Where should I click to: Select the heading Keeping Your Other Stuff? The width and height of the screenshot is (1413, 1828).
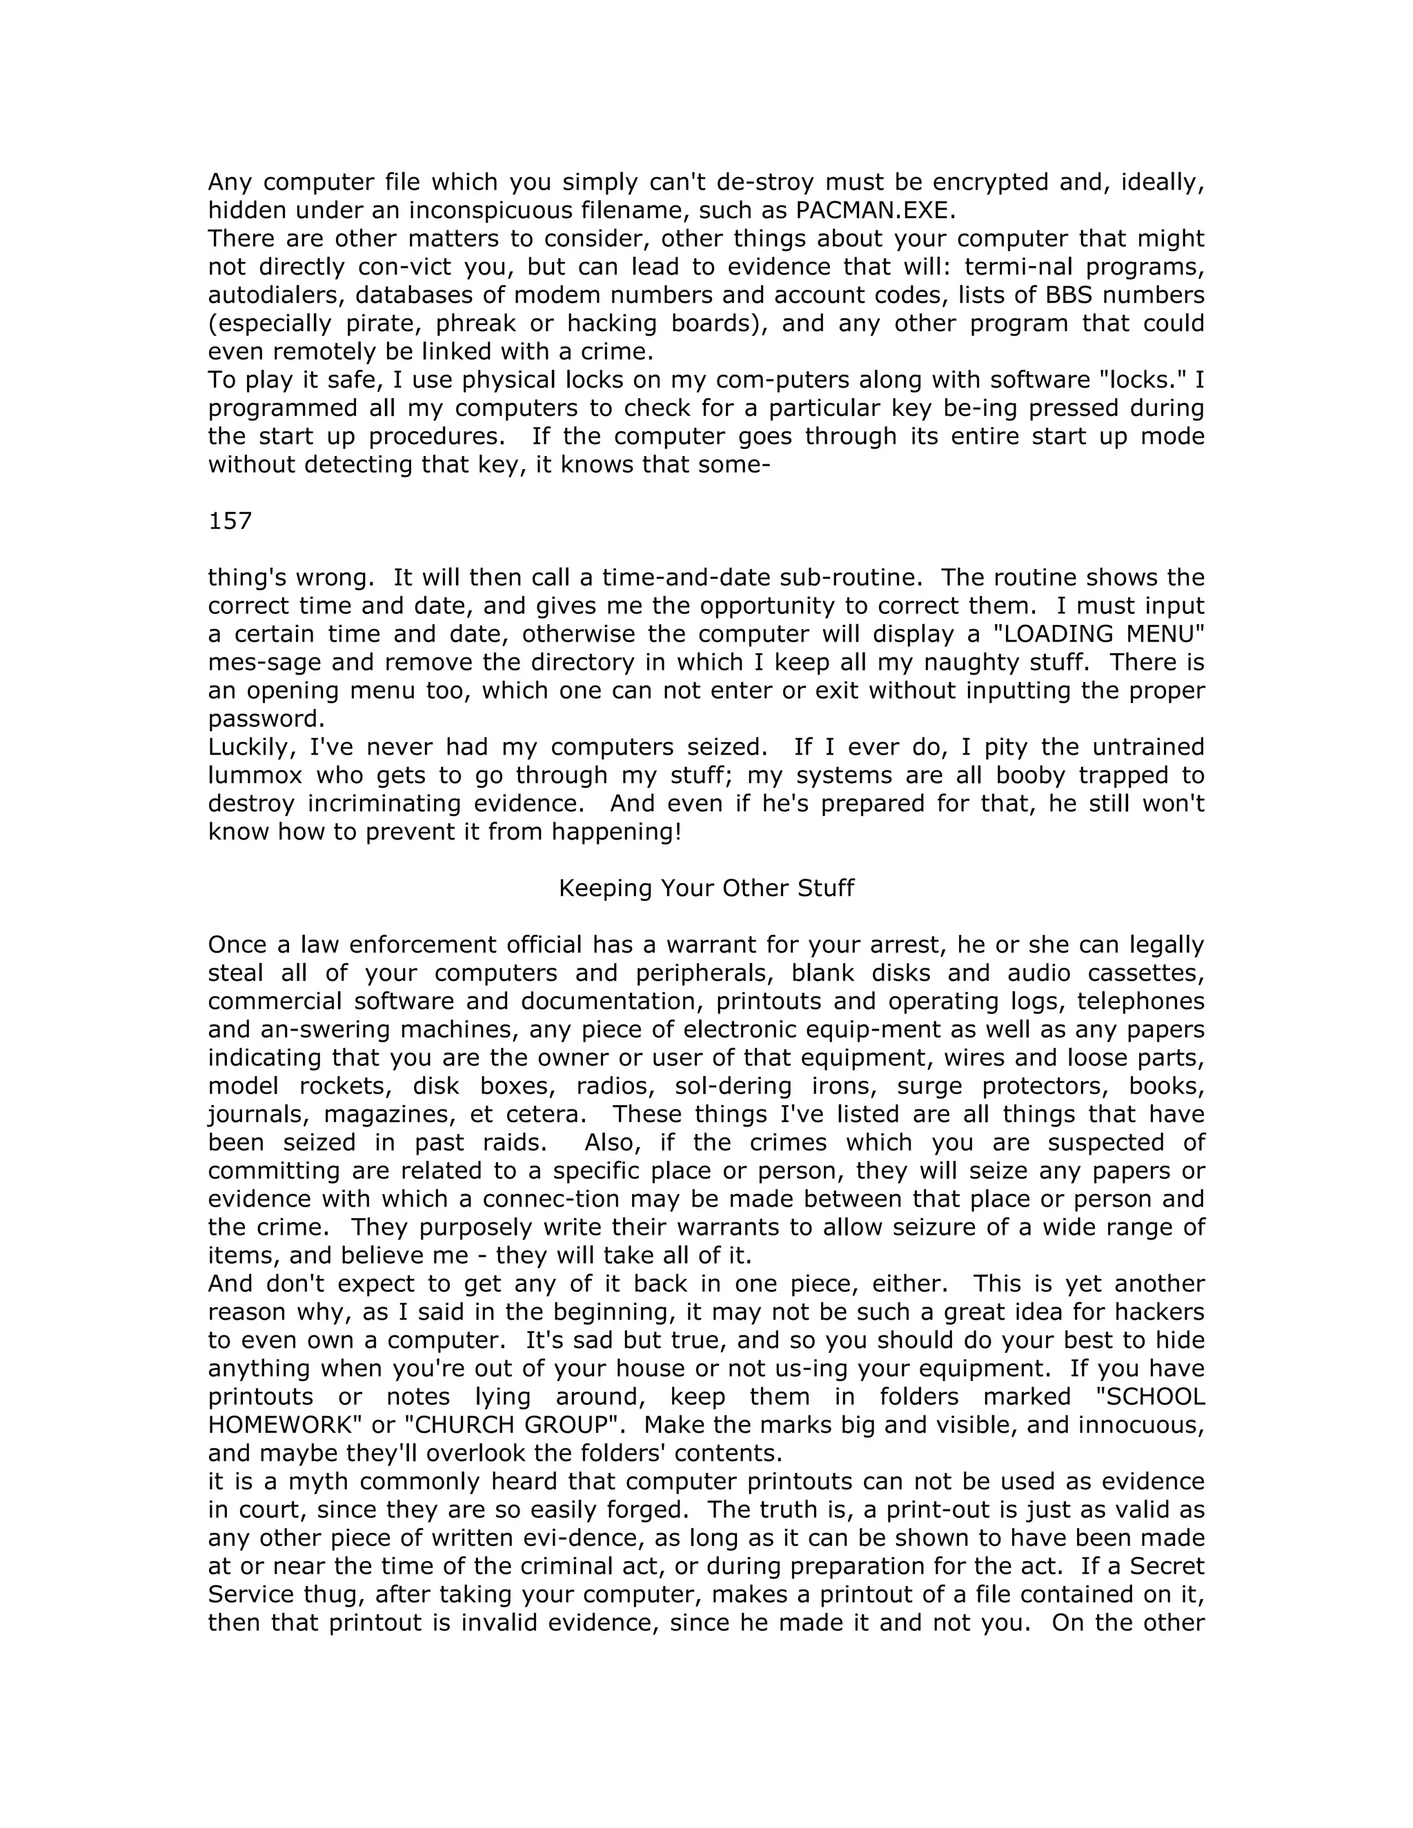706,888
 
